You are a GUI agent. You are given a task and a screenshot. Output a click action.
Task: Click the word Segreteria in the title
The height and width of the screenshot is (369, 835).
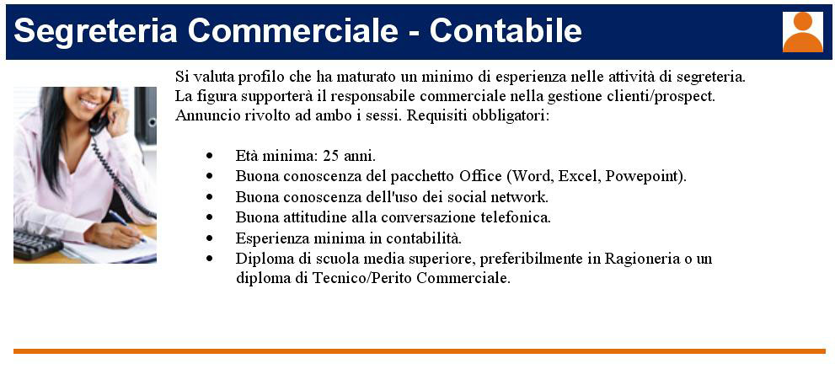coord(95,31)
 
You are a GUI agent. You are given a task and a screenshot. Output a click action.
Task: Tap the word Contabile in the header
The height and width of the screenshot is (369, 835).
coord(506,31)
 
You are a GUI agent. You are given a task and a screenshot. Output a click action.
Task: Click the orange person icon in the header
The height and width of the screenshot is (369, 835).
coord(802,32)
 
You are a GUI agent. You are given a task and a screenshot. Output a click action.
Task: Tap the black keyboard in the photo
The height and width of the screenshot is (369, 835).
coord(37,244)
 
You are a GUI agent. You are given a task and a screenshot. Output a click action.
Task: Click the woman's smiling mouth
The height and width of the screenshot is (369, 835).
coord(88,104)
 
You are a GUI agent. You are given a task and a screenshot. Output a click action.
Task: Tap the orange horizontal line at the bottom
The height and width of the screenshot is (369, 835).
coord(419,351)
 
